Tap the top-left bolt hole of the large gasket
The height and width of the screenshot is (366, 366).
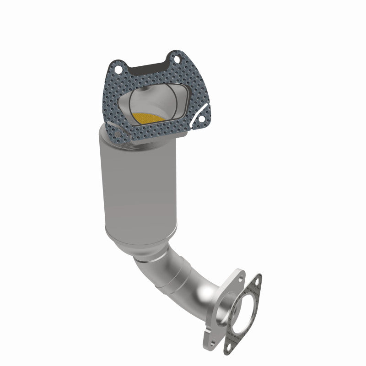coord(118,70)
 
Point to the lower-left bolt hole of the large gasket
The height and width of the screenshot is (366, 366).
coord(117,135)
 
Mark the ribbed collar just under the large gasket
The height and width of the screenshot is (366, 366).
coord(137,142)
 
